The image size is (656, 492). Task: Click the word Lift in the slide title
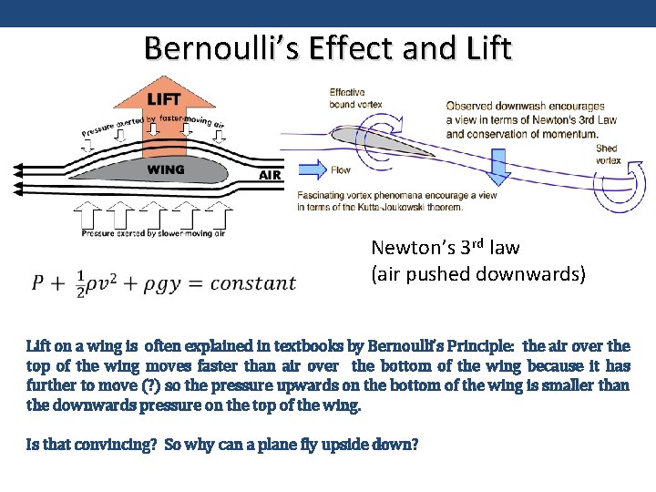(488, 47)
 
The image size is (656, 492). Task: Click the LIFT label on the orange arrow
(164, 97)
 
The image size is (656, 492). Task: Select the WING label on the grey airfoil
(166, 169)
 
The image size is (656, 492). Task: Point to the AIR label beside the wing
(271, 175)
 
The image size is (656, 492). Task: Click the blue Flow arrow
(312, 169)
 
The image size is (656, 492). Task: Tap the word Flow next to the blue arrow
(341, 169)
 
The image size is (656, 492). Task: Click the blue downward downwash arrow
(498, 164)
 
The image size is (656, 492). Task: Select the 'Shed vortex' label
(607, 154)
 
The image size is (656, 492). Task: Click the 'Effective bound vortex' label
(347, 97)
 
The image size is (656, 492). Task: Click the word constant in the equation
(252, 283)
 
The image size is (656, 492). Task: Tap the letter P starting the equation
(38, 283)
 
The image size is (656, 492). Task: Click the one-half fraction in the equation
(80, 283)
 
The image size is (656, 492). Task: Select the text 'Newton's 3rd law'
(445, 247)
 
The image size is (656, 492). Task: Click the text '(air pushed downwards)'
(478, 273)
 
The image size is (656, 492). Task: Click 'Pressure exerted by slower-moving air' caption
(153, 234)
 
